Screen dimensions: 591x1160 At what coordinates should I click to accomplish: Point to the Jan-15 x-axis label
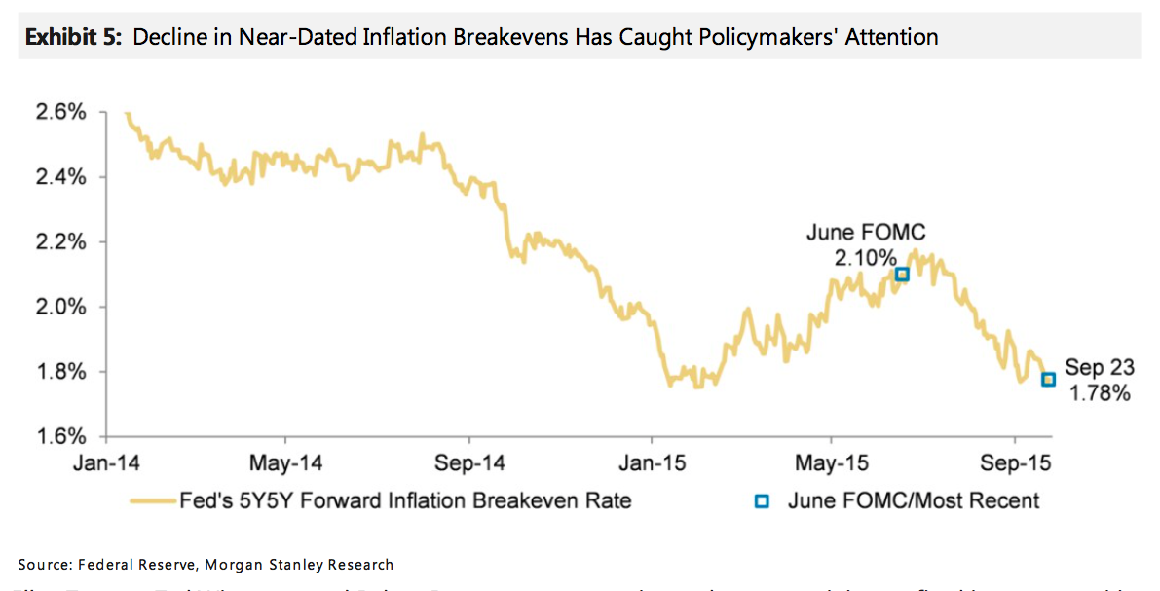[653, 462]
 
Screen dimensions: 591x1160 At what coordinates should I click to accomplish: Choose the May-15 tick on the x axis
[833, 462]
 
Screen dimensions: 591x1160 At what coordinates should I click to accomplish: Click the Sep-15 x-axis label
[1017, 462]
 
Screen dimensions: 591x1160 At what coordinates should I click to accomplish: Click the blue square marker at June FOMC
[902, 275]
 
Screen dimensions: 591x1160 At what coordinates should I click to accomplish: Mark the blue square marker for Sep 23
[1048, 380]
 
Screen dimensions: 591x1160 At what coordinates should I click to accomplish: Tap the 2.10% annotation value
[865, 258]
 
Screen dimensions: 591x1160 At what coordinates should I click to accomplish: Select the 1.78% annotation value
[1100, 393]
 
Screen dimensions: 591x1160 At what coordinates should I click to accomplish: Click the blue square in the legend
[763, 501]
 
